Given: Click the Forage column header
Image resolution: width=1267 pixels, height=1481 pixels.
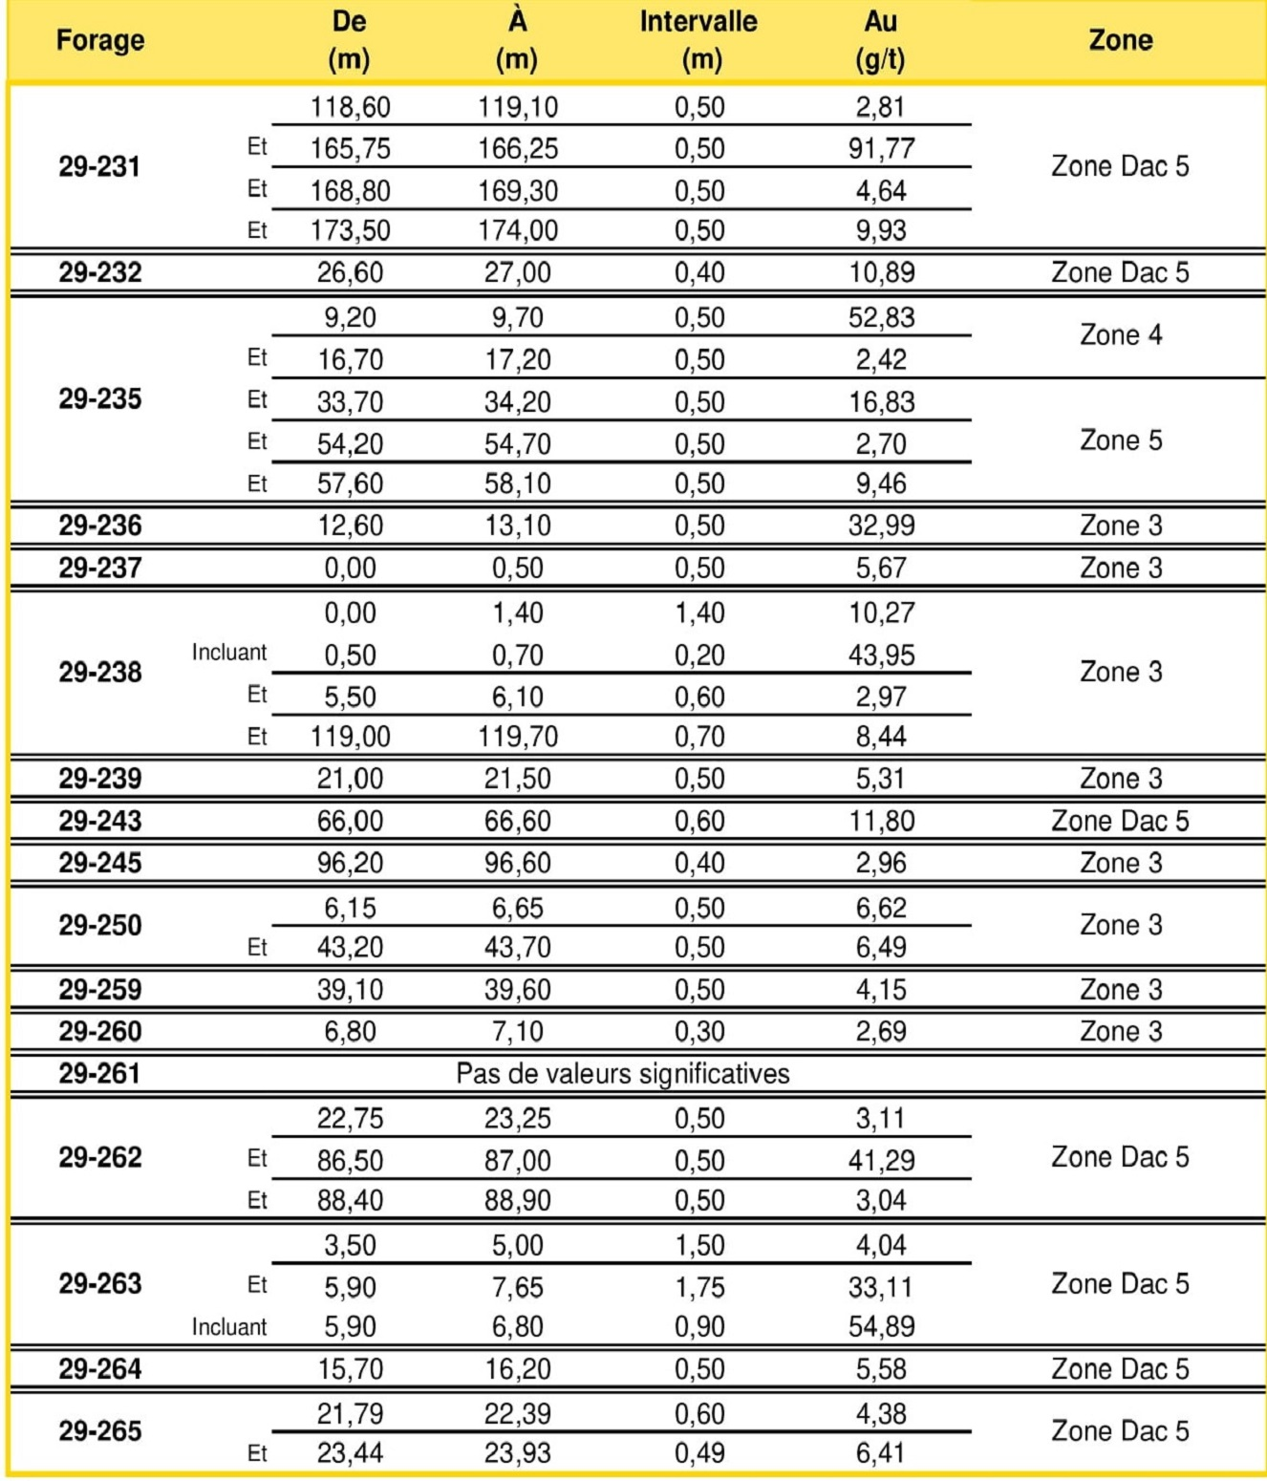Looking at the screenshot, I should point(100,40).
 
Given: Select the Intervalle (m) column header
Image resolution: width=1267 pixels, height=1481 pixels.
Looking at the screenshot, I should point(698,40).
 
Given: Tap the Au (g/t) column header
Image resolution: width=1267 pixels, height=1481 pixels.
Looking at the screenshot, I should point(880,40).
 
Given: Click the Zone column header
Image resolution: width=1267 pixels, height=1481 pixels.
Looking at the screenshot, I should point(1120,40).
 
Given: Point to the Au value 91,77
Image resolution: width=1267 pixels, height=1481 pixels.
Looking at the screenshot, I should point(881,149).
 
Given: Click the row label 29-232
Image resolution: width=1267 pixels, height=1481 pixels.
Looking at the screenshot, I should point(100,272).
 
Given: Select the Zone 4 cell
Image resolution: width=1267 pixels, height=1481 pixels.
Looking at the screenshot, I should point(1121,335).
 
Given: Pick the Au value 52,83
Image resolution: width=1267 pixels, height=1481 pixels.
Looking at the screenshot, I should point(881,317).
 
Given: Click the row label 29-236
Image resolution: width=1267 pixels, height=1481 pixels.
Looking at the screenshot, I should point(100,526).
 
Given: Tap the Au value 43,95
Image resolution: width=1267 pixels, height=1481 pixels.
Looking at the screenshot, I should point(881,655).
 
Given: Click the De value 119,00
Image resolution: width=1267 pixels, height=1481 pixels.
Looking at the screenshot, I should point(350,737).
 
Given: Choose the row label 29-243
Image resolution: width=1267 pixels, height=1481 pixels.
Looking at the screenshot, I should point(100,821).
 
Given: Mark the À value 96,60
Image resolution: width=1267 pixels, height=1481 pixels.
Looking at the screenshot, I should point(517,863).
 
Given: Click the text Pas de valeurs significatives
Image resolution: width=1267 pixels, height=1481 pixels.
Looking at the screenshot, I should point(622,1074).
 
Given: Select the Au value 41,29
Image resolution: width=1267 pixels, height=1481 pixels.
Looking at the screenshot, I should point(881,1160).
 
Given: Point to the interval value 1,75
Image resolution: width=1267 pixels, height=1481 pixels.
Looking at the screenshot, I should point(699,1287).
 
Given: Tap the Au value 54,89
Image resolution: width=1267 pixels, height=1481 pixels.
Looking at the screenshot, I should point(881,1327).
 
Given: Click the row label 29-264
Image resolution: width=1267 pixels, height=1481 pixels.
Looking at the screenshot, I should point(100,1369).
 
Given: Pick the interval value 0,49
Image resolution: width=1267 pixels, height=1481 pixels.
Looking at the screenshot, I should point(699,1453).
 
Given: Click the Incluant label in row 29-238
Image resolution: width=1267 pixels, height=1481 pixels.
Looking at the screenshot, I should point(229,653).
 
